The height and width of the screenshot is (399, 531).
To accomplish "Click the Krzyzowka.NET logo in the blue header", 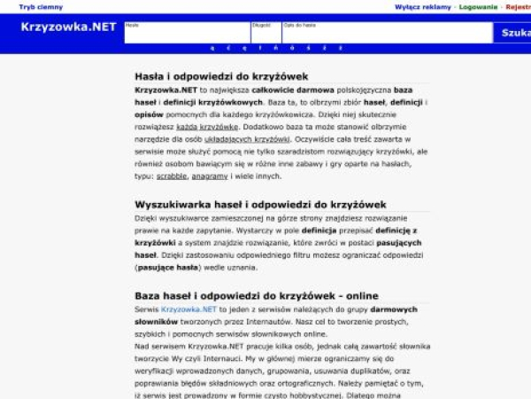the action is pos(68,27).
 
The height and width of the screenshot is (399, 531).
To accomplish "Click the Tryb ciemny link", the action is pos(41,7).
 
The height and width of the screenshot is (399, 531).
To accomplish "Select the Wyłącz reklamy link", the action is pos(422,7).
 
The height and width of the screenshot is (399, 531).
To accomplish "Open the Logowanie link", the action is pos(478,7).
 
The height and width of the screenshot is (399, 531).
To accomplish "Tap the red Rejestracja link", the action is pos(518,7).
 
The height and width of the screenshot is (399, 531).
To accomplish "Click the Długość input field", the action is pos(265,34).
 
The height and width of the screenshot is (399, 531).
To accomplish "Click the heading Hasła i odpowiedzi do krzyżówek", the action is pos(221,76).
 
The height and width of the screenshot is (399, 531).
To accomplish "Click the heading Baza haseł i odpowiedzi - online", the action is pos(257,295).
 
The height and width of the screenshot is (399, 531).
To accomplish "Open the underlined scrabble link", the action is pos(172,176).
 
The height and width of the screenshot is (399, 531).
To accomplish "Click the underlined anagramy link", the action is pos(210,176).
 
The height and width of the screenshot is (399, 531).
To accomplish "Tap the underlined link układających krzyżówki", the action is pos(248,139).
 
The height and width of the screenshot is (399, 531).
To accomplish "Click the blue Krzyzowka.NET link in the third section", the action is pos(189,309).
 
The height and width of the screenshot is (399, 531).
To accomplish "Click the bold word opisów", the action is pos(150,114).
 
